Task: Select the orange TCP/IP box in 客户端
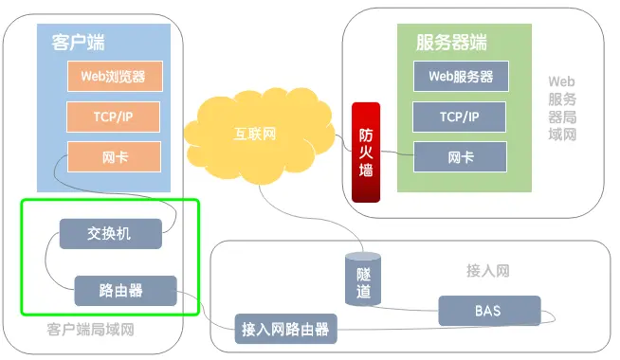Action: coord(114,117)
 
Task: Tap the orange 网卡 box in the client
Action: coord(114,157)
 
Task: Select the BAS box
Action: coord(489,310)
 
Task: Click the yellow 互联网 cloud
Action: coord(256,135)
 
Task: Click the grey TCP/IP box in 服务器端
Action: coord(460,117)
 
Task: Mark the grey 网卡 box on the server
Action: coord(460,157)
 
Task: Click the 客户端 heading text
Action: coord(78,43)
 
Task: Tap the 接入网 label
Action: coord(488,271)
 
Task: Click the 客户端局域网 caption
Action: coord(90,331)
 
